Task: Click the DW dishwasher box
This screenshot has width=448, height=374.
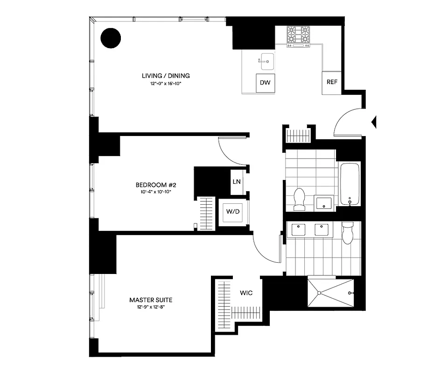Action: pyautogui.click(x=265, y=83)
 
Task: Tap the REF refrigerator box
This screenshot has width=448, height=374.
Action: pyautogui.click(x=332, y=82)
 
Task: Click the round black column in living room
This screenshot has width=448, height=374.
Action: pyautogui.click(x=111, y=38)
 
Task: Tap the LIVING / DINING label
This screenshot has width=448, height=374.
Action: pyautogui.click(x=166, y=76)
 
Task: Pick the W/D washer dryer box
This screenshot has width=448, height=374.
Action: pyautogui.click(x=233, y=212)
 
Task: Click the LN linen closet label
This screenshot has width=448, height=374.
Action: pyautogui.click(x=237, y=181)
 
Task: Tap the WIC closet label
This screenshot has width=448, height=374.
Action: pyautogui.click(x=246, y=293)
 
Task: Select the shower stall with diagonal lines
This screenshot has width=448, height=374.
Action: pyautogui.click(x=331, y=292)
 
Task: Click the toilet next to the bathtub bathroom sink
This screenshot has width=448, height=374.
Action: pyautogui.click(x=299, y=198)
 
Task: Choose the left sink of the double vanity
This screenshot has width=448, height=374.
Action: pyautogui.click(x=297, y=230)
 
